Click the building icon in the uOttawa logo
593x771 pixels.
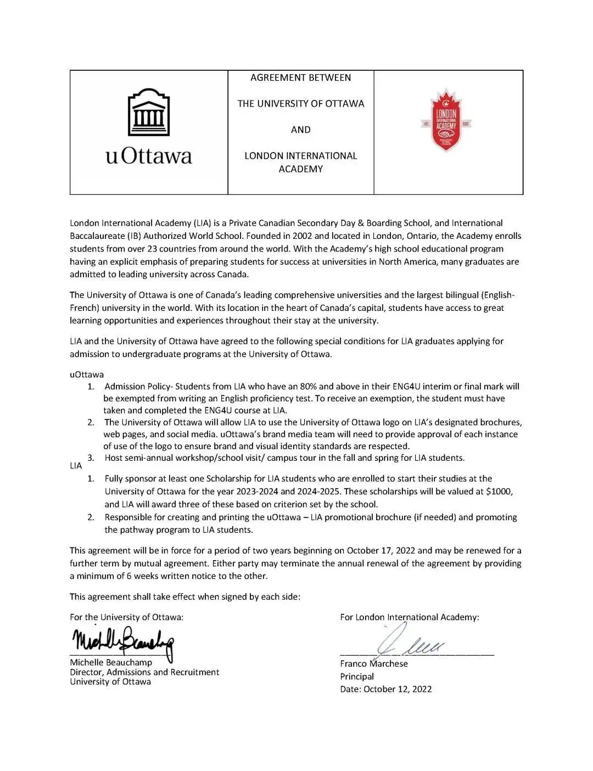tap(148, 113)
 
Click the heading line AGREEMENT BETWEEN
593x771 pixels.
tap(300, 77)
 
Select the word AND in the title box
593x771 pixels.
tap(300, 130)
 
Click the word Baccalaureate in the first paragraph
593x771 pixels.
tap(97, 236)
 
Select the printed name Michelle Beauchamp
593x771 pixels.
tap(111, 662)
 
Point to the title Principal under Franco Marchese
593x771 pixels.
tap(357, 677)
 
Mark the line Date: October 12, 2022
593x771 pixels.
tap(385, 689)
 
